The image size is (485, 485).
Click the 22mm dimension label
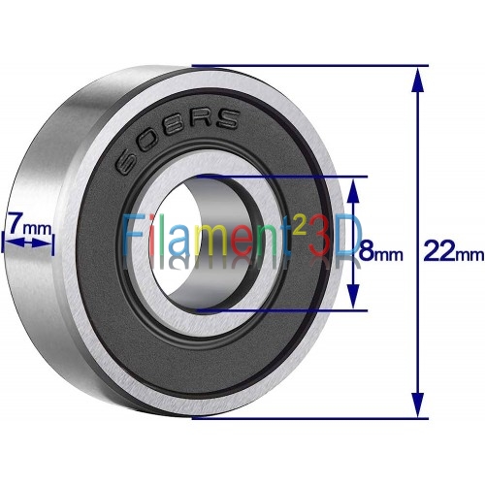[x=454, y=251]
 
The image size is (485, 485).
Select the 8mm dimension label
[x=381, y=251]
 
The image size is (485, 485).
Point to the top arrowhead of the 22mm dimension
[x=418, y=80]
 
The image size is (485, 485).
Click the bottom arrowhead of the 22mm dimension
[x=418, y=404]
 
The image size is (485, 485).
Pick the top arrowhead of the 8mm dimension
[x=355, y=190]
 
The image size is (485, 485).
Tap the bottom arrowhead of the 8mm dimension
[x=355, y=296]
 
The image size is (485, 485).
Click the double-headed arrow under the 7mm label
[x=28, y=242]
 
